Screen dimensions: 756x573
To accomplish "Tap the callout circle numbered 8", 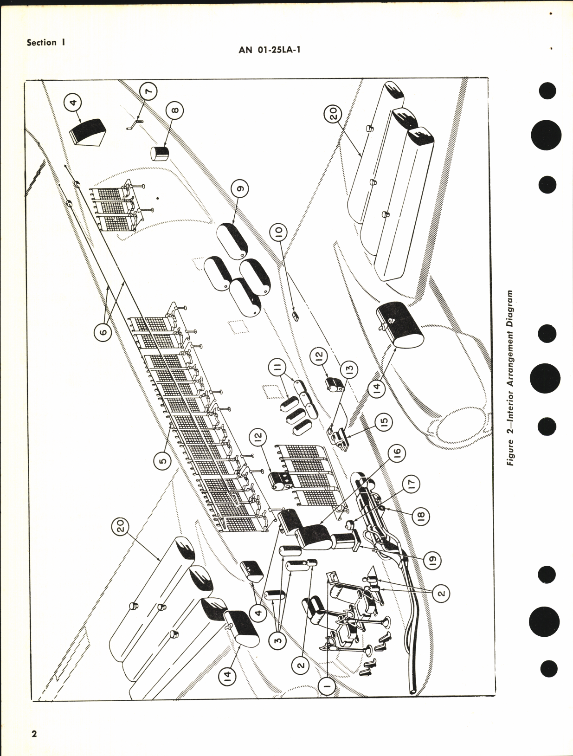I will tap(174, 110).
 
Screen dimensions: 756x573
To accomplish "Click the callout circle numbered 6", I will tap(103, 331).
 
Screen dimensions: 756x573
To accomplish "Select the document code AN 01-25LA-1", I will tap(270, 49).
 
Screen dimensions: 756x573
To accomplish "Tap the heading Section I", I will tap(45, 43).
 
